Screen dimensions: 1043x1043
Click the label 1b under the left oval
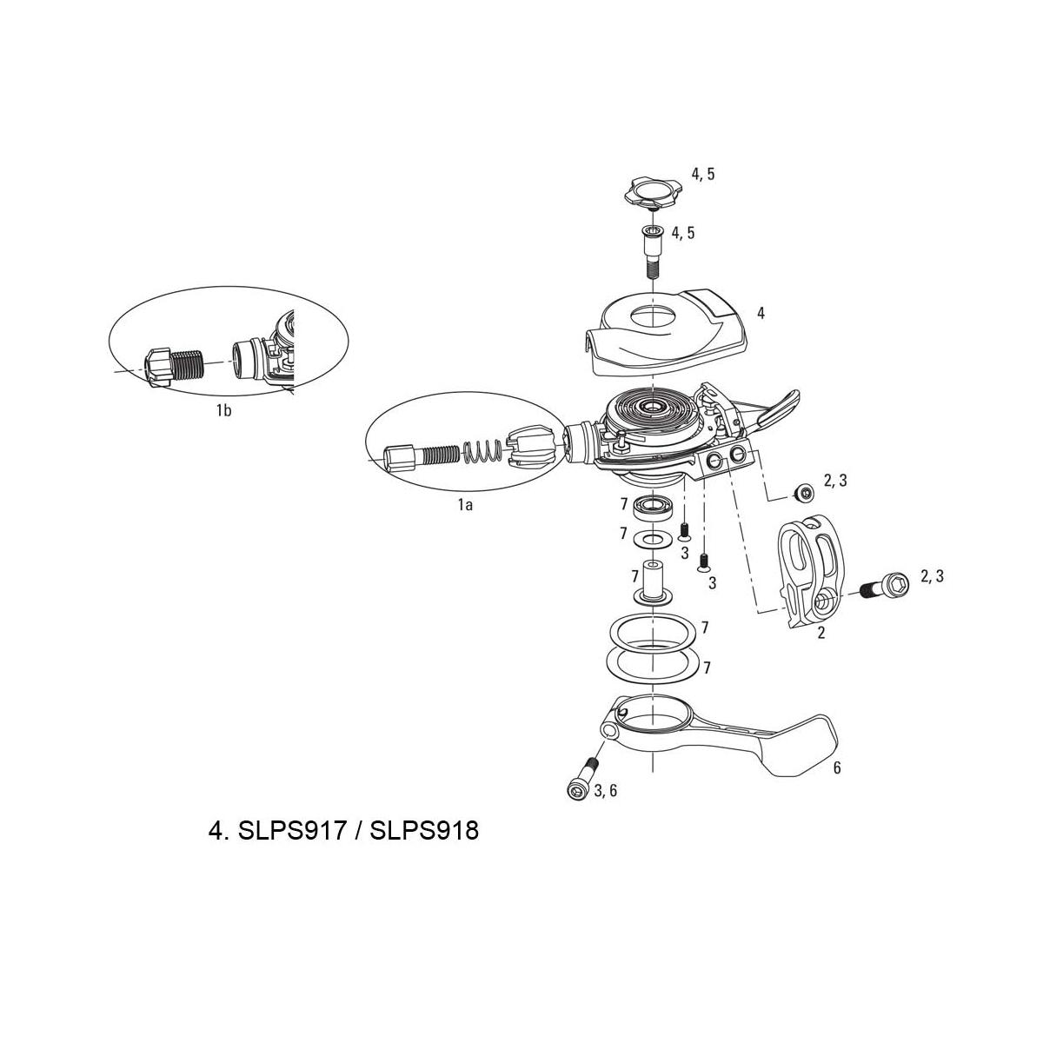[x=223, y=411]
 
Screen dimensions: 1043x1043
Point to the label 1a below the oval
[x=465, y=505]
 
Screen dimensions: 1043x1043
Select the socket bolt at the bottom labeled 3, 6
[x=581, y=781]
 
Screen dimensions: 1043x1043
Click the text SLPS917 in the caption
[x=291, y=830]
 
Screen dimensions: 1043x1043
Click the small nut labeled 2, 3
[x=803, y=492]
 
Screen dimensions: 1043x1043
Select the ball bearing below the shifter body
[x=654, y=507]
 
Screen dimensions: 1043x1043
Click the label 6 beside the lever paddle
[x=837, y=767]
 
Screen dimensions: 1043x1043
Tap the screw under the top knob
[x=654, y=252]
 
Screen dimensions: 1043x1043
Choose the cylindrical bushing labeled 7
[x=653, y=584]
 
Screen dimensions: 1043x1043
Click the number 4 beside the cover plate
[x=761, y=313]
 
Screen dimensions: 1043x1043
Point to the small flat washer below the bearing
[x=654, y=539]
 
